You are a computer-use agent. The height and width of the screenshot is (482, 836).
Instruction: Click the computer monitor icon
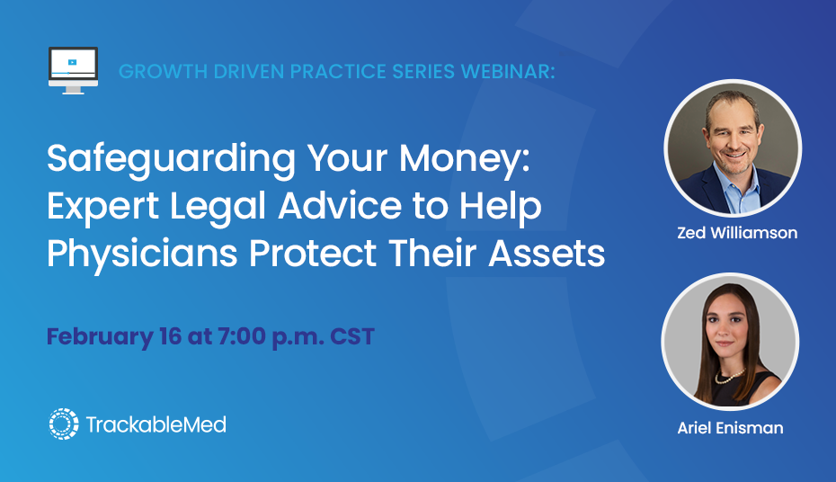coord(73,70)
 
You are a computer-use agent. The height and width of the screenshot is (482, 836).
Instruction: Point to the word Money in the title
coord(464,158)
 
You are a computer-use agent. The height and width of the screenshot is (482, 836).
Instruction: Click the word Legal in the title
coord(218,207)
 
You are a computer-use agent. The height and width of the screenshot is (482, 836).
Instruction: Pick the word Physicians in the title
coord(142,254)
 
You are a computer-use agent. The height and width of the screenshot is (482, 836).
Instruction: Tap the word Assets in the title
coord(547,254)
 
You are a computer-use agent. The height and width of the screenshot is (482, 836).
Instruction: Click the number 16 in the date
coord(170,336)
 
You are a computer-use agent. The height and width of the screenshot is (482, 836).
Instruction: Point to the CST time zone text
coord(351,336)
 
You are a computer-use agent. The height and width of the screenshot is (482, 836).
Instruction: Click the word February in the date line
coord(100,337)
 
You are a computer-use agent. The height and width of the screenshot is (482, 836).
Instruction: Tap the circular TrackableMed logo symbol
coord(64,424)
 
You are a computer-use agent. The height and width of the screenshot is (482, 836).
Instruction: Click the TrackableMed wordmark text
coord(156,424)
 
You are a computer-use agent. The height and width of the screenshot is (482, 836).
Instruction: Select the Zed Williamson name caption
coord(737,233)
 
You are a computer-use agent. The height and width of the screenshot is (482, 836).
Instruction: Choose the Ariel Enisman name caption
coord(730,428)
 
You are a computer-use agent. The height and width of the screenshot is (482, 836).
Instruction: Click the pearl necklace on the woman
coord(729,377)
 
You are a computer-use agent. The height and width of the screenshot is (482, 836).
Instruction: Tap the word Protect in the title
coord(313,254)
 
